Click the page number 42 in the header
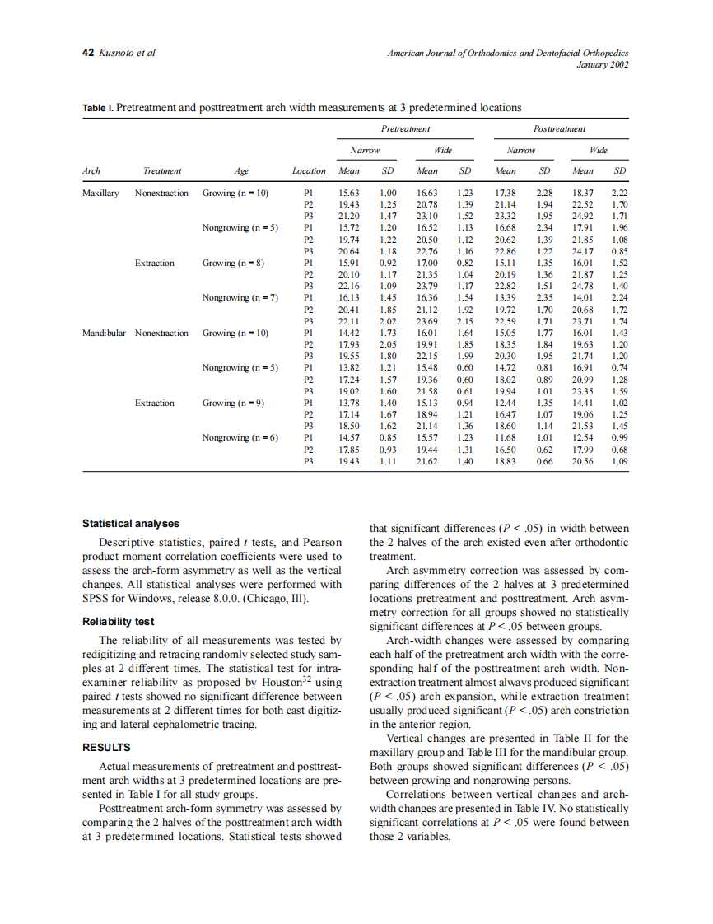88,53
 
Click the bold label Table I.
98,108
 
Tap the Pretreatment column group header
405,129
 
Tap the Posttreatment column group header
559,129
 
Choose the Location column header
309,171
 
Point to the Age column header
241,171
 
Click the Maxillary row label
100,193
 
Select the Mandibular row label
104,333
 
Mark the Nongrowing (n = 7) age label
240,298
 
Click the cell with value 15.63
349,193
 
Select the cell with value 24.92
583,217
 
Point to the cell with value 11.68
505,438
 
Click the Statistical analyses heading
130,524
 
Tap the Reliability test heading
118,621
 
